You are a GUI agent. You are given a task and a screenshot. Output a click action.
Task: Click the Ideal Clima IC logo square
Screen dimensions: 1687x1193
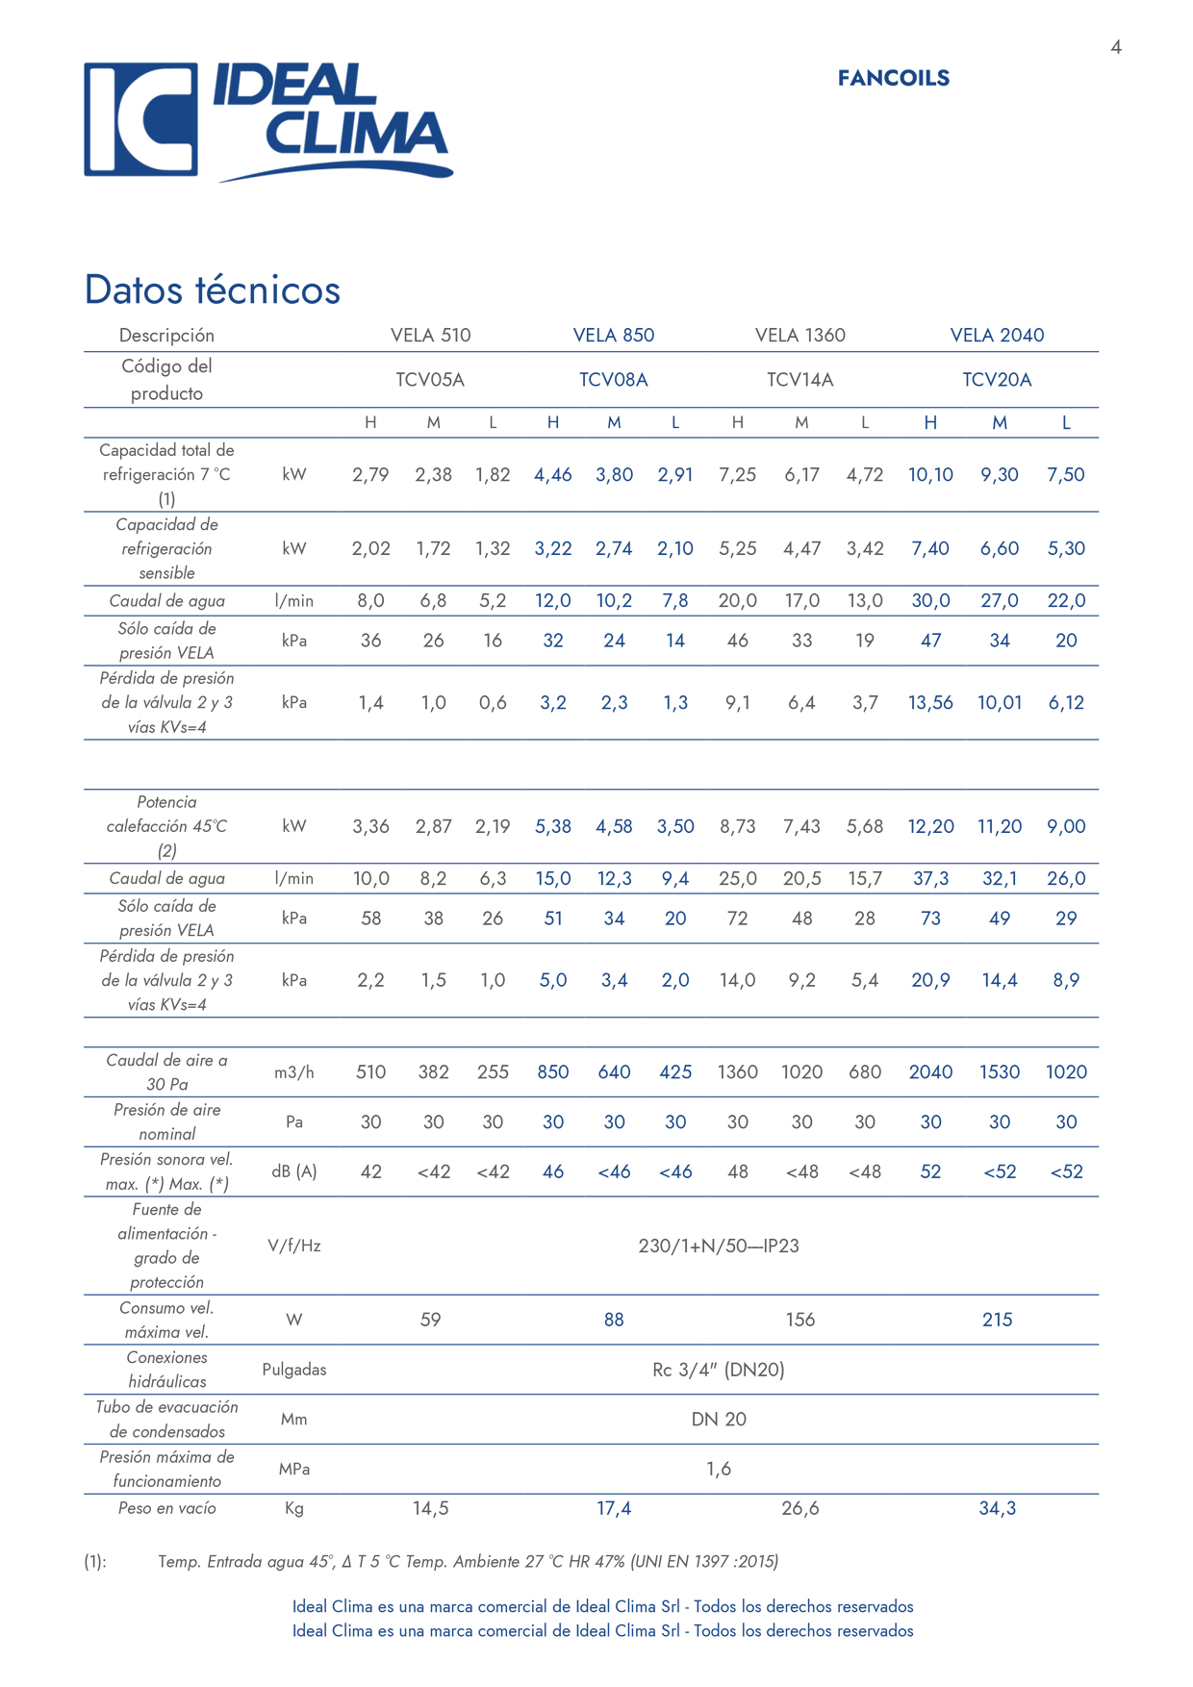coord(140,119)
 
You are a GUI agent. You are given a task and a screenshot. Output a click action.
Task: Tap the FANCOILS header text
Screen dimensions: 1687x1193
coord(893,78)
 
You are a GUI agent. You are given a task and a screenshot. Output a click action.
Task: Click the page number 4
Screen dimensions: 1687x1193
coord(1115,47)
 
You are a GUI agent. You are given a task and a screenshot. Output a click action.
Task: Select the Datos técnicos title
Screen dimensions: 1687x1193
coord(212,290)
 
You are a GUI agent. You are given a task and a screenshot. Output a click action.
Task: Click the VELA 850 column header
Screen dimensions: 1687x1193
coord(613,335)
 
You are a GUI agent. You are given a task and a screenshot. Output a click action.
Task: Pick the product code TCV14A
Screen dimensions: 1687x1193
coord(800,379)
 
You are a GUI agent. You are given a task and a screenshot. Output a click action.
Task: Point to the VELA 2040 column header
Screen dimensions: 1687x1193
coord(997,335)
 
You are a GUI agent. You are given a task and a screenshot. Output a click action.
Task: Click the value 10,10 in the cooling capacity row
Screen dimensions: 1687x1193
coord(930,474)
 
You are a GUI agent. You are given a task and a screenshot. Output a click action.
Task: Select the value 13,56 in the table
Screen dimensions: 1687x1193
coord(930,702)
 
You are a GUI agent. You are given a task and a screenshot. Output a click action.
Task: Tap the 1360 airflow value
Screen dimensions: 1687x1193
coord(737,1071)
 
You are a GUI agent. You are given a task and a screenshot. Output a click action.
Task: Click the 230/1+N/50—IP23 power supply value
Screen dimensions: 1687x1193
coord(719,1246)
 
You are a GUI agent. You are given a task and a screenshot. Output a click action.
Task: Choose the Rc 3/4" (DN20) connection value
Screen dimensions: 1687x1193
coord(719,1369)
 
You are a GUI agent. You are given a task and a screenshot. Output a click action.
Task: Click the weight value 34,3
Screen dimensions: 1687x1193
coord(997,1508)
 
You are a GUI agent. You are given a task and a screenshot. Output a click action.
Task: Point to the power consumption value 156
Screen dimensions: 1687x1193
coord(800,1320)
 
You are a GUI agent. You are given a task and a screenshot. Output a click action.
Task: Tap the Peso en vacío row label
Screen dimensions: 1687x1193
coord(166,1508)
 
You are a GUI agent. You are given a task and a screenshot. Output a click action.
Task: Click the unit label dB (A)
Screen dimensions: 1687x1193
coord(293,1171)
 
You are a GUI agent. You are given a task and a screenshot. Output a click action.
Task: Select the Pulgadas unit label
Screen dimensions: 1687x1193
coord(293,1369)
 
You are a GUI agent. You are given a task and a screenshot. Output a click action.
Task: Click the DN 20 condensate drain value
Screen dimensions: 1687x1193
coord(719,1419)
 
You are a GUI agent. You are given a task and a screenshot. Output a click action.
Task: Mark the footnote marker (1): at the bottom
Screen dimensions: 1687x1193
coord(95,1561)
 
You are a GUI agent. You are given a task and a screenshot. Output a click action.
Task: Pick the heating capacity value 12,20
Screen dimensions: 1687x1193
coord(930,826)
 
